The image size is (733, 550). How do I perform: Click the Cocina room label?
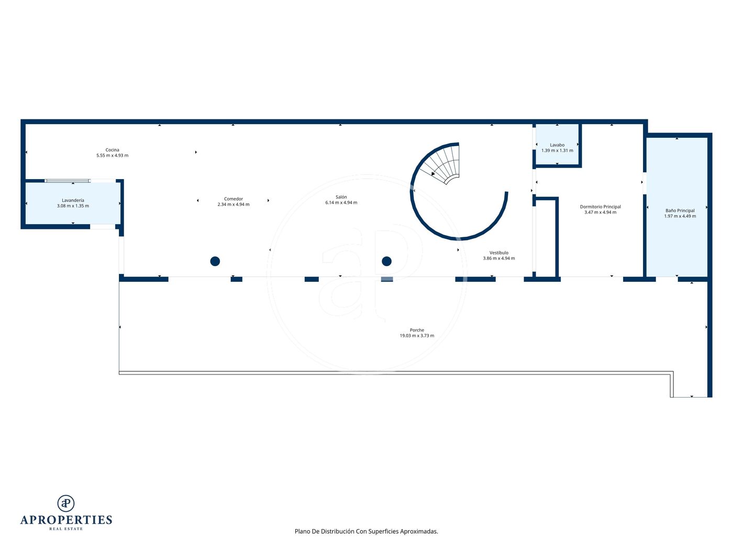coord(112,150)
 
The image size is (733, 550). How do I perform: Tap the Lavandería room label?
coord(73,201)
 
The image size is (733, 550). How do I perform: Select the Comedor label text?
coord(234,199)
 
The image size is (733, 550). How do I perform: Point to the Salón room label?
coord(341,197)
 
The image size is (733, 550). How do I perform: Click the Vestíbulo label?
coord(499,253)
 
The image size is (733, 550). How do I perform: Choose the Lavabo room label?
coord(557,145)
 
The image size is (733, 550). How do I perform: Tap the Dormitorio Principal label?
coord(601,207)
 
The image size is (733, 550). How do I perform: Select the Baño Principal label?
coord(680,211)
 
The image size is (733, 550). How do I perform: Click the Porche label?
coord(417,331)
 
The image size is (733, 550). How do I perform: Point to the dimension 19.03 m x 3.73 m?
coord(417,336)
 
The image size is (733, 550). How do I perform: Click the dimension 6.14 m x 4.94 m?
coord(341,203)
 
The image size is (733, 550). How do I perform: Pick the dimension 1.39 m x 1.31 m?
coord(557,151)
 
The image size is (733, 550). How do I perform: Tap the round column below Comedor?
coord(215,261)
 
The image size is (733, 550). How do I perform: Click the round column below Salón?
coord(387,261)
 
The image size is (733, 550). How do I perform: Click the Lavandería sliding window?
coord(68,181)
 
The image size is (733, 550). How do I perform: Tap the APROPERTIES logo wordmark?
coord(66,520)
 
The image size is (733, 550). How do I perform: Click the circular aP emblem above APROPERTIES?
coord(66,503)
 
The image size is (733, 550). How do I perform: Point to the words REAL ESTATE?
coord(66,529)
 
